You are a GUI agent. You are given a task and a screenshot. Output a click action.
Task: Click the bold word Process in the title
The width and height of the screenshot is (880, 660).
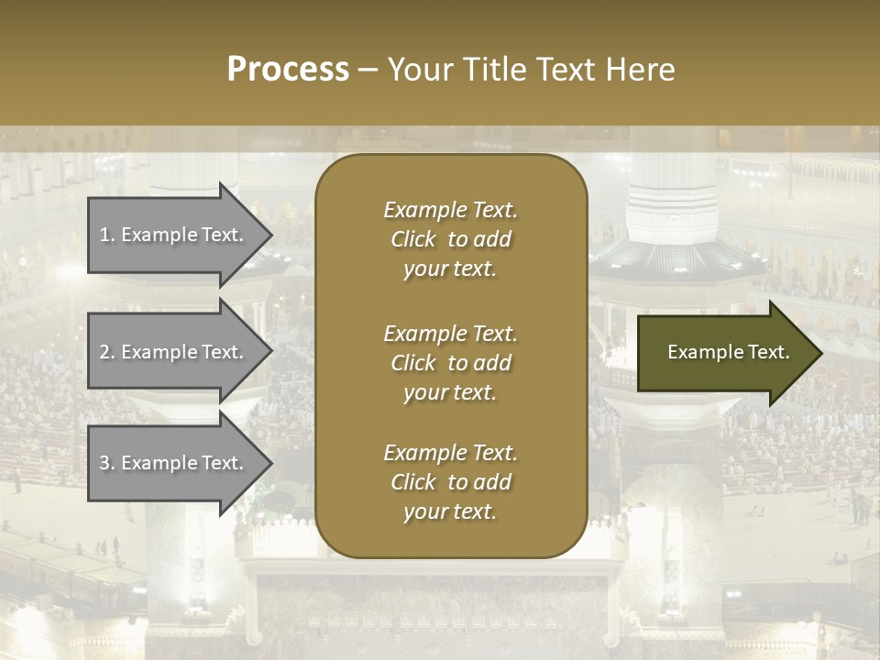click(x=288, y=70)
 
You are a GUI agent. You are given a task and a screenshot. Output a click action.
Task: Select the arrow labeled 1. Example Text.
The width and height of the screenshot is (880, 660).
click(x=174, y=235)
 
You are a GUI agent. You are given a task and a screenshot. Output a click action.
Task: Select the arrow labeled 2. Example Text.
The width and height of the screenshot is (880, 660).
click(x=174, y=352)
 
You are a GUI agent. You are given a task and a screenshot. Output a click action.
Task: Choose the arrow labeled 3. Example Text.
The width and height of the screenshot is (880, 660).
click(x=174, y=463)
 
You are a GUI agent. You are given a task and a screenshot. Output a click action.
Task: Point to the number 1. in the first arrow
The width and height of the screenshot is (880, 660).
click(x=106, y=235)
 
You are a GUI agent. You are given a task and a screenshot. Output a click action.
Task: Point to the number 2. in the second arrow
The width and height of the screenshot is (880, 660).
click(x=106, y=352)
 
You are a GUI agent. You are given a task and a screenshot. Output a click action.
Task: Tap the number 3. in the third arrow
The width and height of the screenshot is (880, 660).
click(x=106, y=463)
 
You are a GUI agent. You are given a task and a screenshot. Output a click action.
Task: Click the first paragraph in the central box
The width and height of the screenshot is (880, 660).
click(x=450, y=239)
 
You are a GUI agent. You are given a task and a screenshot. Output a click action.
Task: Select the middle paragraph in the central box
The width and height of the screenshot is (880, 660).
click(x=450, y=362)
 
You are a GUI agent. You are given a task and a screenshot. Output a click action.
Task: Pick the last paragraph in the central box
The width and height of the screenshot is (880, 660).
click(x=450, y=482)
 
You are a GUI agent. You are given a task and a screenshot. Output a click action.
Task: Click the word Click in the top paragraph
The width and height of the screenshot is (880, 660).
click(x=412, y=239)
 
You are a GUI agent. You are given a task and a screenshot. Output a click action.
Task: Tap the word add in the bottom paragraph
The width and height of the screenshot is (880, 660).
click(x=492, y=482)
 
